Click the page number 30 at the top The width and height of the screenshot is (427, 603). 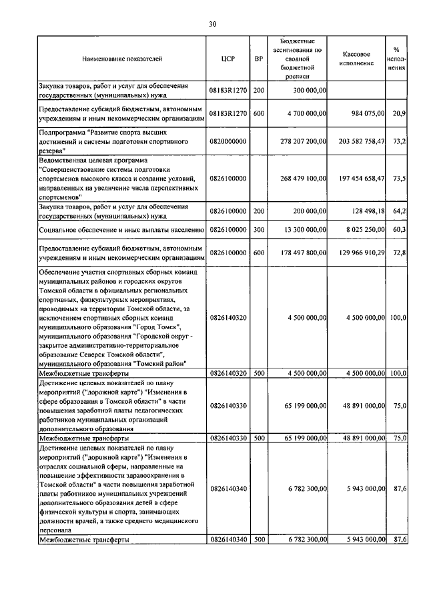coord(213,24)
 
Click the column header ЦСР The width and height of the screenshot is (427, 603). coord(228,59)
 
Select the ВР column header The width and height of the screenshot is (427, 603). coord(259,59)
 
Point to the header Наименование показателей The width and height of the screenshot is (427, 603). coord(122,59)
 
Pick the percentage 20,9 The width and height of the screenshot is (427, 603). coord(400,114)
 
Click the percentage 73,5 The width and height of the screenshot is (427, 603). coord(400,179)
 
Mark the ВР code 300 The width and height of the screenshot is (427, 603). coord(259,230)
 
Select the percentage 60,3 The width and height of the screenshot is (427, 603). coord(400,230)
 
